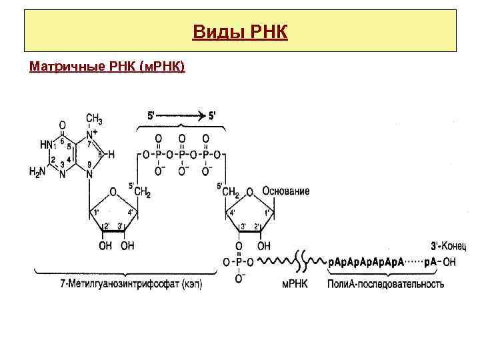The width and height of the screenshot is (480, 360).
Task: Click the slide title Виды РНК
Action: (x=240, y=31)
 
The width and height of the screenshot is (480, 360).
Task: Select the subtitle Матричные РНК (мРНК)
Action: (x=107, y=67)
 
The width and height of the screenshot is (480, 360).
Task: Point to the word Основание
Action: (x=286, y=191)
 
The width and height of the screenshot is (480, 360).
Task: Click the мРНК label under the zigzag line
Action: (x=294, y=284)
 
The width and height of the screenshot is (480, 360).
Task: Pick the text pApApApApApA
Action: (x=366, y=262)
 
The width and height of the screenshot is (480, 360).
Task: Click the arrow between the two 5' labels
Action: (x=183, y=115)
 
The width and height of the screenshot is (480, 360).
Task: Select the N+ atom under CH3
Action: (x=91, y=133)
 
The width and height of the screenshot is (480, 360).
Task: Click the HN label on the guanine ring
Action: (x=45, y=144)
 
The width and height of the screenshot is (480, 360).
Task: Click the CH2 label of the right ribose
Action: (x=230, y=192)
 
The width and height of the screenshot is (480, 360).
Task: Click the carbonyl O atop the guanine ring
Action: (x=62, y=125)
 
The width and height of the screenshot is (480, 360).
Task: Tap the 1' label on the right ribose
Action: (x=267, y=213)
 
